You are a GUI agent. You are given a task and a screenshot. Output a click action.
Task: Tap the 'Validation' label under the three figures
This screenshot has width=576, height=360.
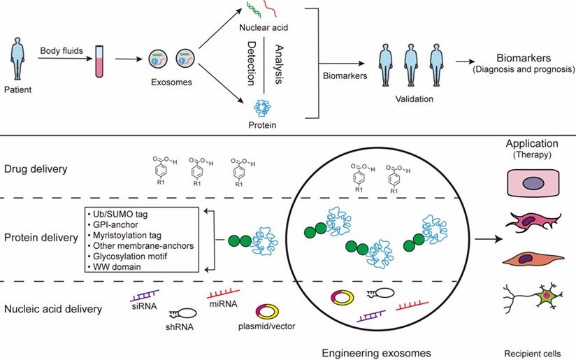pos(412,99)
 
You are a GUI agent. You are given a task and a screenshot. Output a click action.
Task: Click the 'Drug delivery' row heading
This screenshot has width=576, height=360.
pos(35,168)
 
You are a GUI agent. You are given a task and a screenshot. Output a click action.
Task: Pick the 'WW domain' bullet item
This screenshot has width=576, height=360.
pos(113,267)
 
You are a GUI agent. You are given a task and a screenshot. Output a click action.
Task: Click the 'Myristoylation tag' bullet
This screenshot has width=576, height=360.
pos(128,236)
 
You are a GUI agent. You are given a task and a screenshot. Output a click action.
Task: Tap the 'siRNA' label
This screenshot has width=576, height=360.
pos(139,305)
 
